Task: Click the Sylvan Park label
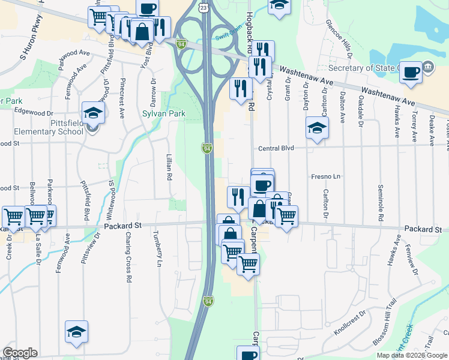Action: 163,112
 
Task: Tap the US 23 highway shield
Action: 204,8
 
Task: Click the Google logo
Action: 20,353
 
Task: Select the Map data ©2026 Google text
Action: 412,355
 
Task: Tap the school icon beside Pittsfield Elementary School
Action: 93,112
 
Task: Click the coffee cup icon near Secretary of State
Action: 411,72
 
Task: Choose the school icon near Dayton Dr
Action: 317,127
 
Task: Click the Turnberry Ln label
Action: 159,248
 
